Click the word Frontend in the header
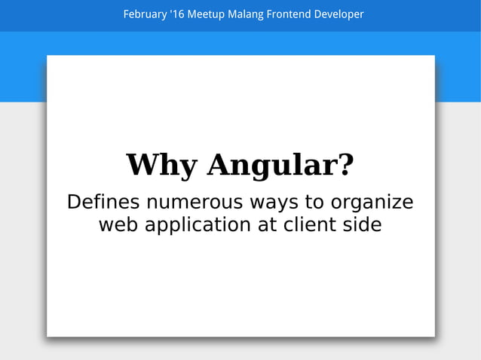coord(290,14)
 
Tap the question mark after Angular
coord(346,165)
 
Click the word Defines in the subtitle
coord(103,203)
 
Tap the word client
coord(311,224)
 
